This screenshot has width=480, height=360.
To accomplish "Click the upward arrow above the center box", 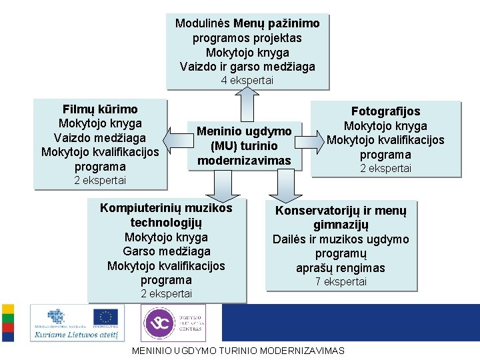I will coord(247,104).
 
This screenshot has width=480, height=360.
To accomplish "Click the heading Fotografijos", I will coord(385,111).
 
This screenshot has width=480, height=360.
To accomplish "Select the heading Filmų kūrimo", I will coord(100,109).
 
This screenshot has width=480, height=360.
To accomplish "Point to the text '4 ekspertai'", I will coord(247,80).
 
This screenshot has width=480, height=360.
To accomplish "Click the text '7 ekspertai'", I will coord(341,281).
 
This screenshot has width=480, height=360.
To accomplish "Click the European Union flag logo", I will coord(105,316).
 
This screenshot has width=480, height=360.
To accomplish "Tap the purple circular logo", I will coord(157,323).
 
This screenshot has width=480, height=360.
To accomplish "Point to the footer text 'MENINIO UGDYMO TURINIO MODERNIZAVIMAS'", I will coord(239,351).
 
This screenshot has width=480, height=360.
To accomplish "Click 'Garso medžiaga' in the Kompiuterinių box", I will coord(167,251).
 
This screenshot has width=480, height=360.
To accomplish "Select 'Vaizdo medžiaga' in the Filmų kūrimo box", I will coord(100,137).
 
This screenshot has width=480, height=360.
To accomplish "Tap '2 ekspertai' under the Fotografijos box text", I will coord(385,169).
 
